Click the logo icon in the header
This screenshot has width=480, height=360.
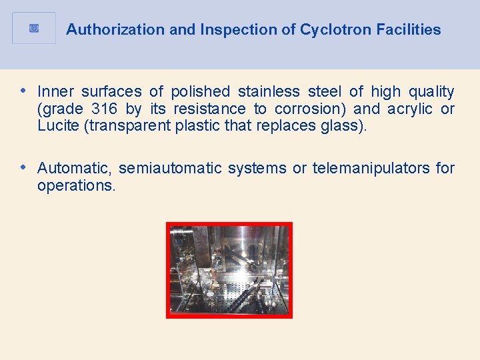pos(34,28)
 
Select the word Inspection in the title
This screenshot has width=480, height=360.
pos(223,29)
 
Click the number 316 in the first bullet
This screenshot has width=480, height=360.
pos(104,109)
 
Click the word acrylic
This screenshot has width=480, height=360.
pos(407,109)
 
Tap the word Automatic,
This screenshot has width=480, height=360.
pos(75,168)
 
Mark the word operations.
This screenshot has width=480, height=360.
pos(76,185)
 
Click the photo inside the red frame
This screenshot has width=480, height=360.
pos(229,270)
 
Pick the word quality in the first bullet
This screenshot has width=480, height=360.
pos(431,91)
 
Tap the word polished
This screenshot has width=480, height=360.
pos(200,91)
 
